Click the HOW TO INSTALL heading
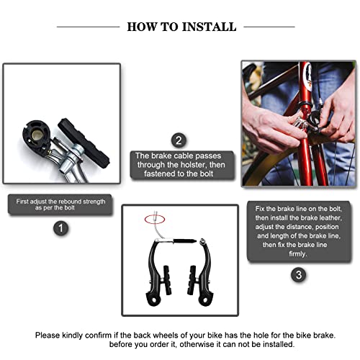tap(181, 27)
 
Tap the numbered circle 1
tap(60, 229)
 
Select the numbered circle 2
tap(179, 140)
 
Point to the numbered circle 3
tap(298, 274)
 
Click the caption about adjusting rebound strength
tap(61, 204)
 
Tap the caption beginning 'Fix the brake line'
tap(299, 230)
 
